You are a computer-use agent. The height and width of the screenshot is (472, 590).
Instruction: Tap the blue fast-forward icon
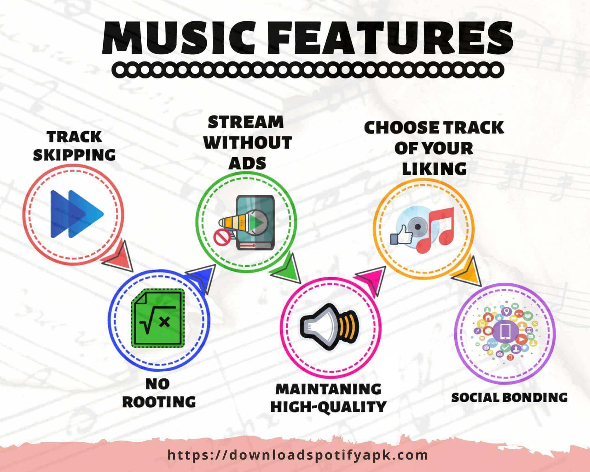click(x=77, y=214)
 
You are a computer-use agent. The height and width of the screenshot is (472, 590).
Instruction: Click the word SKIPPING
click(x=74, y=155)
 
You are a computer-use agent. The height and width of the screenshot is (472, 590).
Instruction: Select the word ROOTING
click(x=159, y=402)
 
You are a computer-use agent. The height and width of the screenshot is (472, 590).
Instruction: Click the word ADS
click(x=247, y=163)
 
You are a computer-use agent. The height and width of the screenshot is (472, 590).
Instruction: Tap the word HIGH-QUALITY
click(x=328, y=407)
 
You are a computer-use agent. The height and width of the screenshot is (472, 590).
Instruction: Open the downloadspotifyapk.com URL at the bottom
click(x=298, y=455)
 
